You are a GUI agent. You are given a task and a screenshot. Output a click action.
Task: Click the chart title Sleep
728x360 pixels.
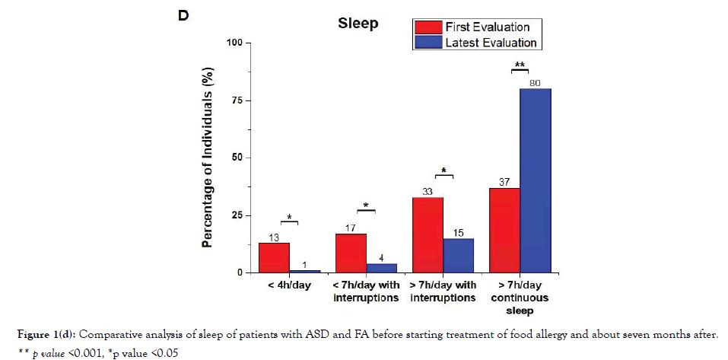358,24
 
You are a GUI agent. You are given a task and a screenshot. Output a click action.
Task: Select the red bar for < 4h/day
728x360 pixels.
274,257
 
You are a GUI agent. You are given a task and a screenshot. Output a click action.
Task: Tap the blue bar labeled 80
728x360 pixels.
536,180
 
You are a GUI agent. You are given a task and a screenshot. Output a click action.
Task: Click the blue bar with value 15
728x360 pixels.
458,255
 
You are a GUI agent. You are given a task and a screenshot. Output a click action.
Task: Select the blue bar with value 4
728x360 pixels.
381,268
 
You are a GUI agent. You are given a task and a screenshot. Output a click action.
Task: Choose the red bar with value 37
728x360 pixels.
504,230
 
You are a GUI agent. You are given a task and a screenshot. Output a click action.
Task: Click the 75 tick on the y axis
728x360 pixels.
237,100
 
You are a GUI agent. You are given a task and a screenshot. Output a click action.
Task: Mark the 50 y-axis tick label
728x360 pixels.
237,158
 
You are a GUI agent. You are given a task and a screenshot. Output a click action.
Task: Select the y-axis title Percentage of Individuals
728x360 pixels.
207,158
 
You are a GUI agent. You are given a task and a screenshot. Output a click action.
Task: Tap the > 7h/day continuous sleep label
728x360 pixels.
520,297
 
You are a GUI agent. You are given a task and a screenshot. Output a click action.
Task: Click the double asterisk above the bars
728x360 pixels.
520,65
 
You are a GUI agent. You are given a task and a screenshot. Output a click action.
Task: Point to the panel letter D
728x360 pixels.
183,16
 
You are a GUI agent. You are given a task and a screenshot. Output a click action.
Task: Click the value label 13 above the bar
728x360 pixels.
274,237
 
